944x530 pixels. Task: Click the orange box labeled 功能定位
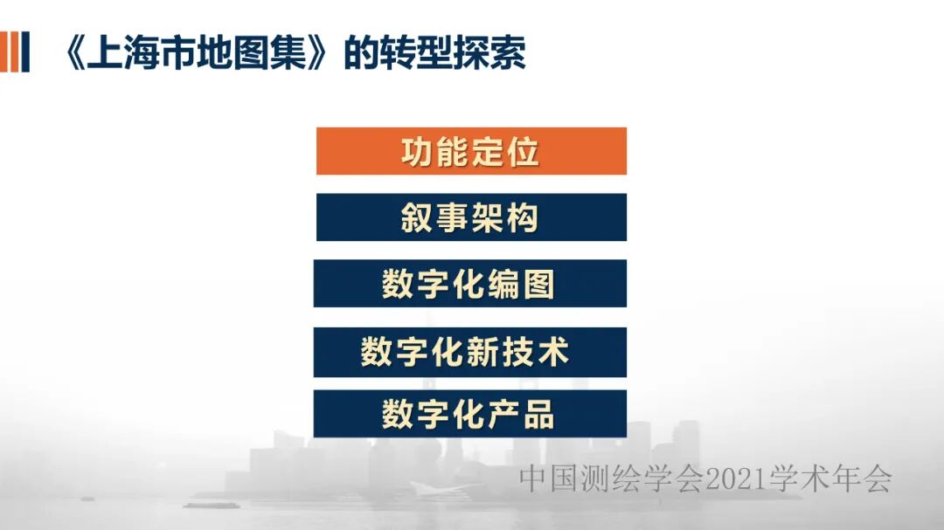(x=471, y=151)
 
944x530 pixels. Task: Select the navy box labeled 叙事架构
(x=471, y=217)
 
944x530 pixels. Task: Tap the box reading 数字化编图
(x=470, y=284)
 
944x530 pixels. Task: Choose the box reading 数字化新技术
(x=470, y=352)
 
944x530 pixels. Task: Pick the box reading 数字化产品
(x=470, y=414)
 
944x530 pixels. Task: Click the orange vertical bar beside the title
(x=8, y=52)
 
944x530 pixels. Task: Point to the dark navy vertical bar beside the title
(x=24, y=52)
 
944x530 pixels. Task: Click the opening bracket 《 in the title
(x=76, y=53)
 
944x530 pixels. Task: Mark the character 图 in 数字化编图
(x=539, y=285)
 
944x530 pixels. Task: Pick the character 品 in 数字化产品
(x=539, y=415)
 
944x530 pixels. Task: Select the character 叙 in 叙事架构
(x=419, y=217)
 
